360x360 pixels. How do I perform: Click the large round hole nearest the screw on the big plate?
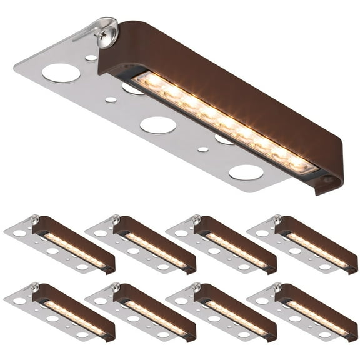[x=61, y=72]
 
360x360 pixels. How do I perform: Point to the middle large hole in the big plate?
[x=157, y=124]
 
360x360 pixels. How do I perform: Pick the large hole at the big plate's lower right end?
[x=246, y=172]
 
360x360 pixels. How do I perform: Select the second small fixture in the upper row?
[x=141, y=244]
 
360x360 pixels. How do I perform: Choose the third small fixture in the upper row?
[x=221, y=244]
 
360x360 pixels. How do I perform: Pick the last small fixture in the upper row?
[x=302, y=244]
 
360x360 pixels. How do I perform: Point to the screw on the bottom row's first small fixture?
[x=35, y=287]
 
